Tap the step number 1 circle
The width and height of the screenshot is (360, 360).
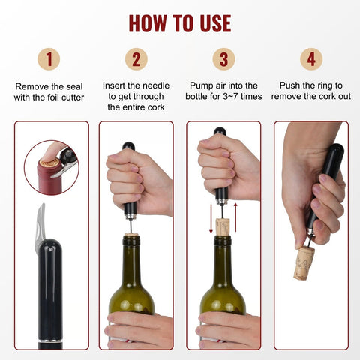coord(49,59)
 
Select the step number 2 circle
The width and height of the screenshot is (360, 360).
coord(136,59)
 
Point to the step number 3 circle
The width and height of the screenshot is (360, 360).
coord(223,59)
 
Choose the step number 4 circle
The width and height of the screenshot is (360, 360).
coord(311,59)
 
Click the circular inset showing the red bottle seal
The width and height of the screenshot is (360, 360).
coord(50,166)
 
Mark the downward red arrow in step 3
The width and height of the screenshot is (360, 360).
coord(210,217)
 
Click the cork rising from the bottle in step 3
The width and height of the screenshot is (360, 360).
coord(223,226)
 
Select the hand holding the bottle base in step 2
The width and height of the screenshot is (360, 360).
coord(139,330)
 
